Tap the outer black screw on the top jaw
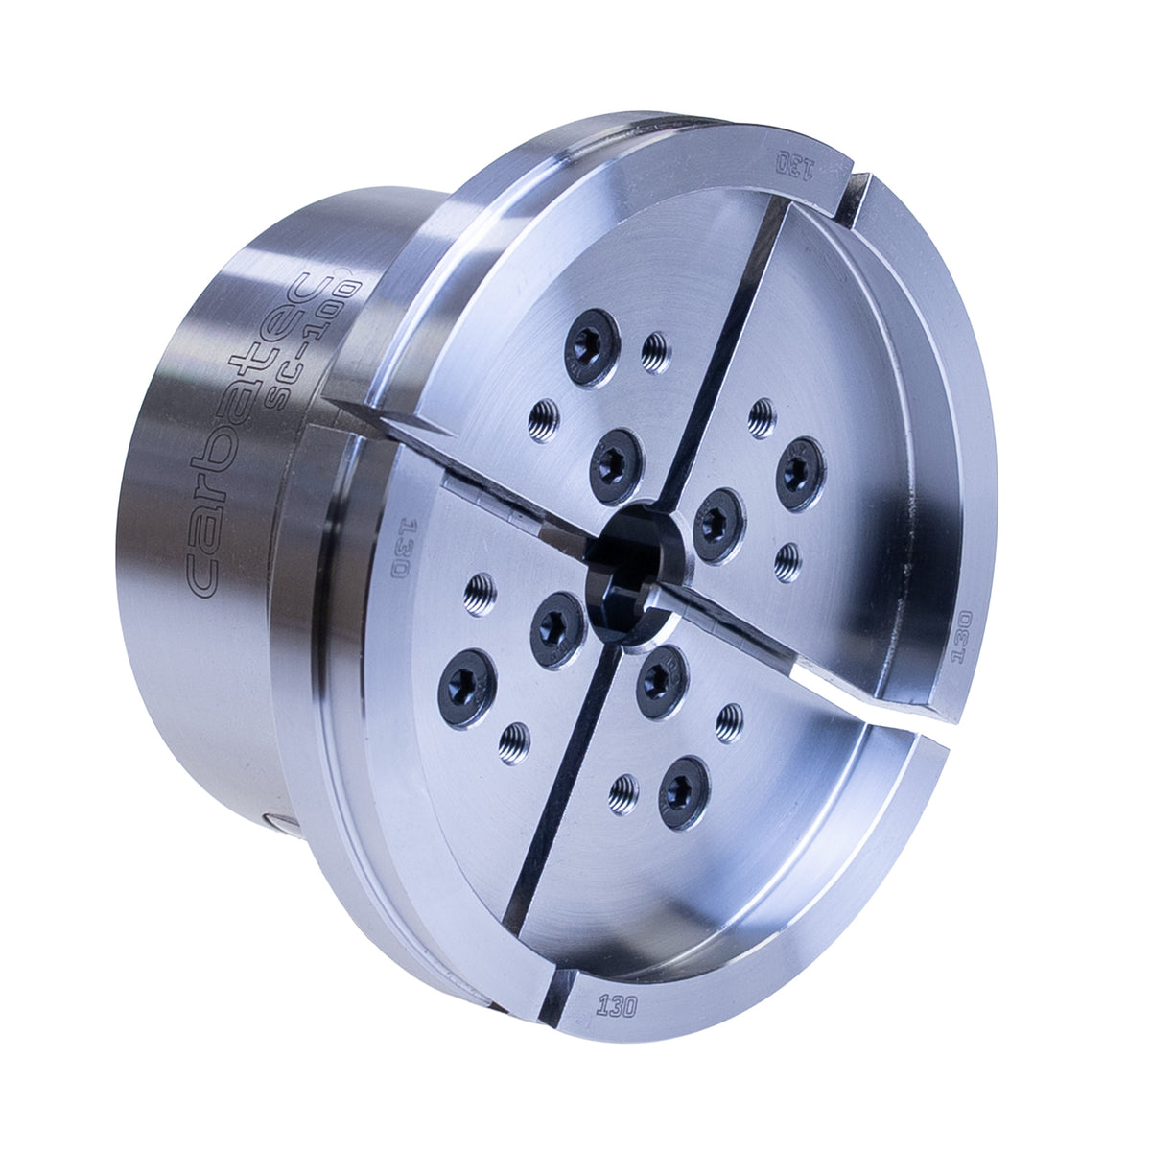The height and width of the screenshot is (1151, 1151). click(592, 346)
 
